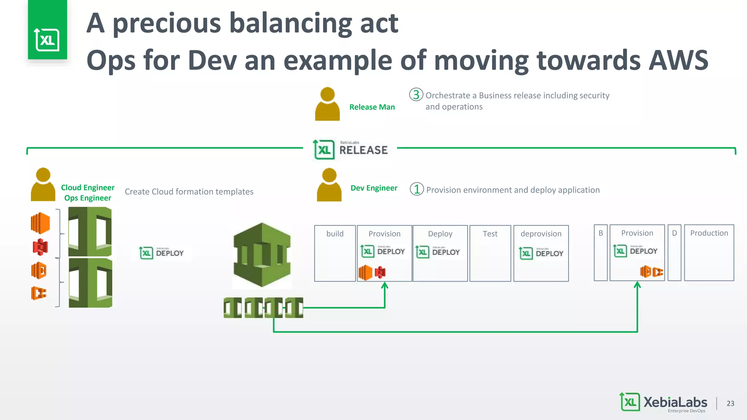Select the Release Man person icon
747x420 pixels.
click(327, 104)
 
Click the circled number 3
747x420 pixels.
click(416, 95)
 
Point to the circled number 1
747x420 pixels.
click(417, 189)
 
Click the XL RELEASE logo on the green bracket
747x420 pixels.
click(351, 149)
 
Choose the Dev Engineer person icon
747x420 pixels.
click(329, 185)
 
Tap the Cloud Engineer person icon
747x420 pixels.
click(43, 184)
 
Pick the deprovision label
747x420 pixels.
click(541, 234)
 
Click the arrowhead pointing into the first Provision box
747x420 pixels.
click(384, 286)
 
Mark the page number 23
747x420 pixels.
click(730, 403)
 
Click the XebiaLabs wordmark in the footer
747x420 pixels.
click(675, 402)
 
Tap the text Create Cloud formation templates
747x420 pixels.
click(189, 192)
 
